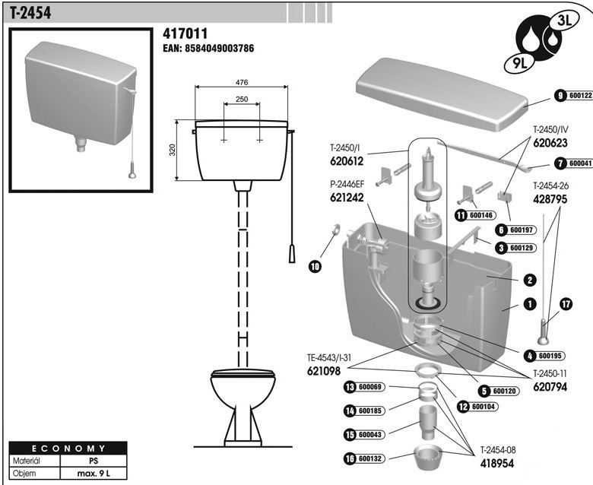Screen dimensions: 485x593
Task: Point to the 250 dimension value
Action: coord(242,99)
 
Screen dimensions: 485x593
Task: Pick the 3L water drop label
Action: coord(564,21)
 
